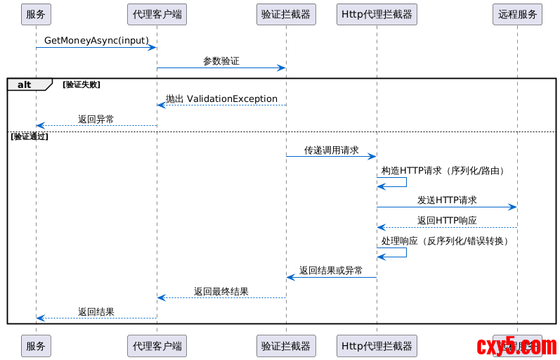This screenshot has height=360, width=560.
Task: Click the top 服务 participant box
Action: point(36,14)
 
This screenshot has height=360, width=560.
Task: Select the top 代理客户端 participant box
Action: point(157,14)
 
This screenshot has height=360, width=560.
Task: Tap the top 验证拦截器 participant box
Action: point(285,14)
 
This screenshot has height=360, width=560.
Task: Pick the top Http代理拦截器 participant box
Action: point(377,14)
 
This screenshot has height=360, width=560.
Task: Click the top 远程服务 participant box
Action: point(517,14)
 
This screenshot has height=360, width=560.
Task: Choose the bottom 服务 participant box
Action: point(36,345)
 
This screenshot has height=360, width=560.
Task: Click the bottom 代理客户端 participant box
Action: point(157,345)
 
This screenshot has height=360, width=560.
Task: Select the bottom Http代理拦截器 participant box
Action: point(377,345)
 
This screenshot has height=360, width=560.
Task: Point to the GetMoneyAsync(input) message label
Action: point(96,41)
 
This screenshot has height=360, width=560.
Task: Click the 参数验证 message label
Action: point(221,61)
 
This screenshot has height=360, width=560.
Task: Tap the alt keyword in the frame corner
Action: point(25,84)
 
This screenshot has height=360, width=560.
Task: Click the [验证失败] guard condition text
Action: point(82,84)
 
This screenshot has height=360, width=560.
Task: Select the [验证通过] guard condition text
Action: point(30,136)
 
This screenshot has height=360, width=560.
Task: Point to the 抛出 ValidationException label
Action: point(221,99)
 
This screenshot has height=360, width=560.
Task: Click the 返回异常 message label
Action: point(96,120)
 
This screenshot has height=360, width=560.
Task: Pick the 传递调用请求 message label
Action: point(331,150)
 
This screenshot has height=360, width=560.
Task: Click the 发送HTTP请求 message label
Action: point(447,200)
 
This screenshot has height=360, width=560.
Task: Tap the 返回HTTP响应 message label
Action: point(447,221)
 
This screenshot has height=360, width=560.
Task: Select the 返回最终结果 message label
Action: point(221,291)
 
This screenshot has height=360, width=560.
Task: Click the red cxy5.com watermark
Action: point(516,347)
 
